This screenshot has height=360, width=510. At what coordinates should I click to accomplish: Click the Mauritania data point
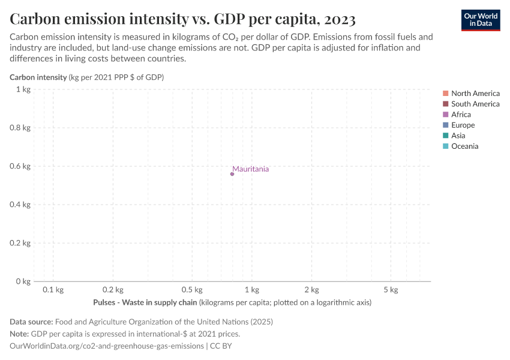pyautogui.click(x=232, y=174)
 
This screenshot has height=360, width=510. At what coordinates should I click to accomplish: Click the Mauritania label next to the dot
pyautogui.click(x=250, y=169)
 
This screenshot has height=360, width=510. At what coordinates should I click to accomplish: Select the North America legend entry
pyautogui.click(x=475, y=93)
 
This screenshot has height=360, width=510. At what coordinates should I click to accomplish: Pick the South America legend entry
pyautogui.click(x=475, y=104)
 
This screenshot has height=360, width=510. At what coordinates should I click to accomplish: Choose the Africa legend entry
pyautogui.click(x=461, y=115)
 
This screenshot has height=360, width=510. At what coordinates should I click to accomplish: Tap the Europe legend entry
pyautogui.click(x=463, y=125)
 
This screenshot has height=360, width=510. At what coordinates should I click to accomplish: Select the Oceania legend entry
pyautogui.click(x=464, y=146)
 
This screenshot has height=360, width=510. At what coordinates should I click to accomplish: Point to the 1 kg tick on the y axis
pyautogui.click(x=23, y=89)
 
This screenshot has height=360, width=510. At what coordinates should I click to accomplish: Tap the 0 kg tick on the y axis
pyautogui.click(x=23, y=281)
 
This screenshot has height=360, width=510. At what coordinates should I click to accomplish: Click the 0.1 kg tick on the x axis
pyautogui.click(x=53, y=290)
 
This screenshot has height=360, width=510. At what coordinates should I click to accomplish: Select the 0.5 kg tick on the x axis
pyautogui.click(x=192, y=290)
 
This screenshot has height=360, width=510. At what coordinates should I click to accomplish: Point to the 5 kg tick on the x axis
pyautogui.click(x=391, y=290)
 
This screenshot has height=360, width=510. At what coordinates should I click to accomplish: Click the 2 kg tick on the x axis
pyautogui.click(x=311, y=290)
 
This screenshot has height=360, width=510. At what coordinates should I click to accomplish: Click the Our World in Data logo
pyautogui.click(x=480, y=19)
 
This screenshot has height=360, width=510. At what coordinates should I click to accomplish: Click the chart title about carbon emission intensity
pyautogui.click(x=182, y=19)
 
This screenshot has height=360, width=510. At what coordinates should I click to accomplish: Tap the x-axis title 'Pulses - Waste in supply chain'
pyautogui.click(x=145, y=302)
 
